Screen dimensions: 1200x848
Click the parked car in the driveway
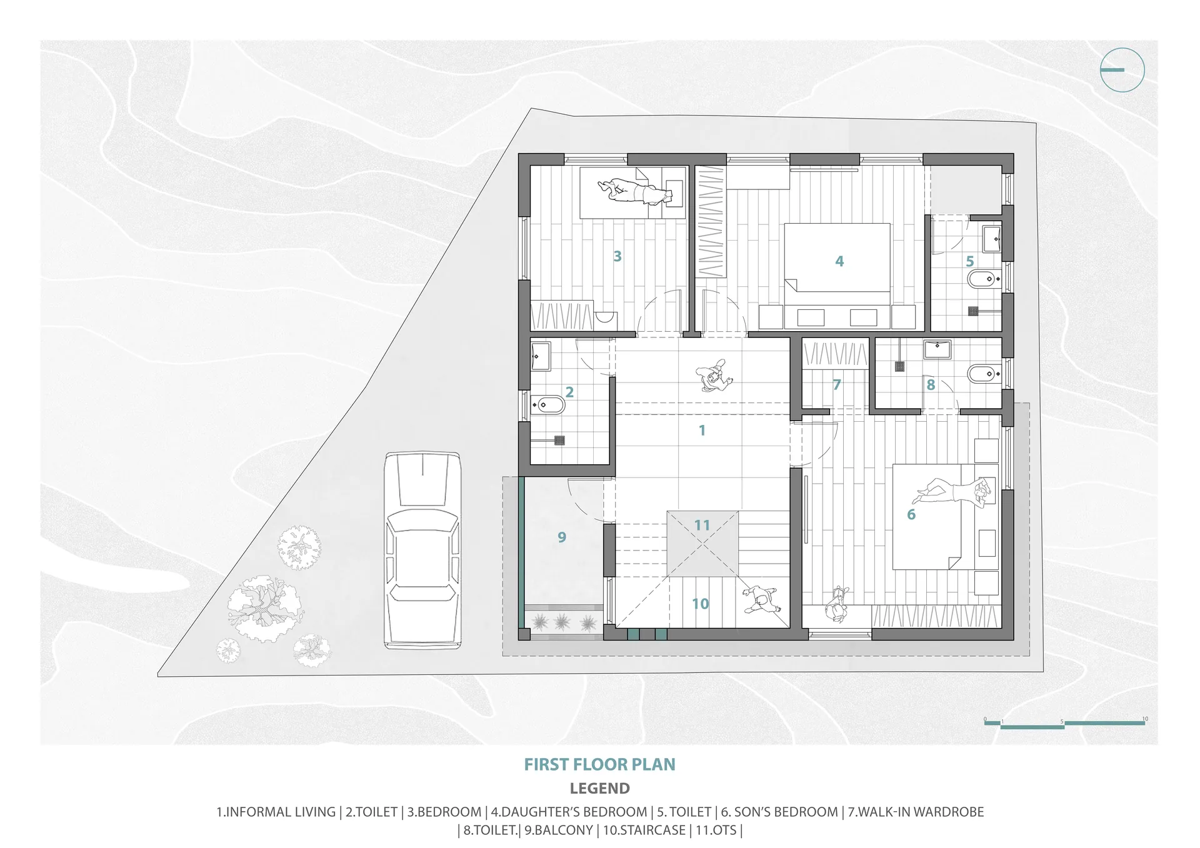coord(423,551)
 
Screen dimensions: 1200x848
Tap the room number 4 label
coord(839,261)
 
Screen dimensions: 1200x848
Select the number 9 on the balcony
coord(562,537)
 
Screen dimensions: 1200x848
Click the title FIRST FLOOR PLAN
coord(599,764)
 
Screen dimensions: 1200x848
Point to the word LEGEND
coord(599,789)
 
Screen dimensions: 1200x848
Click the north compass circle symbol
coord(1122,70)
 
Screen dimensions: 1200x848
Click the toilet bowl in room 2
coord(548,406)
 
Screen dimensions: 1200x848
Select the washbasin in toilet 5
coord(992,239)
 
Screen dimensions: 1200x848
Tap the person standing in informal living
coord(713,376)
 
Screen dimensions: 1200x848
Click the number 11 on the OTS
coord(702,525)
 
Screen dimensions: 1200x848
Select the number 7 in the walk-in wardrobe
coord(837,385)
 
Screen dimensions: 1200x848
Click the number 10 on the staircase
coord(700,604)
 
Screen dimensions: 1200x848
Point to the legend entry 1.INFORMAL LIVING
coord(276,812)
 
